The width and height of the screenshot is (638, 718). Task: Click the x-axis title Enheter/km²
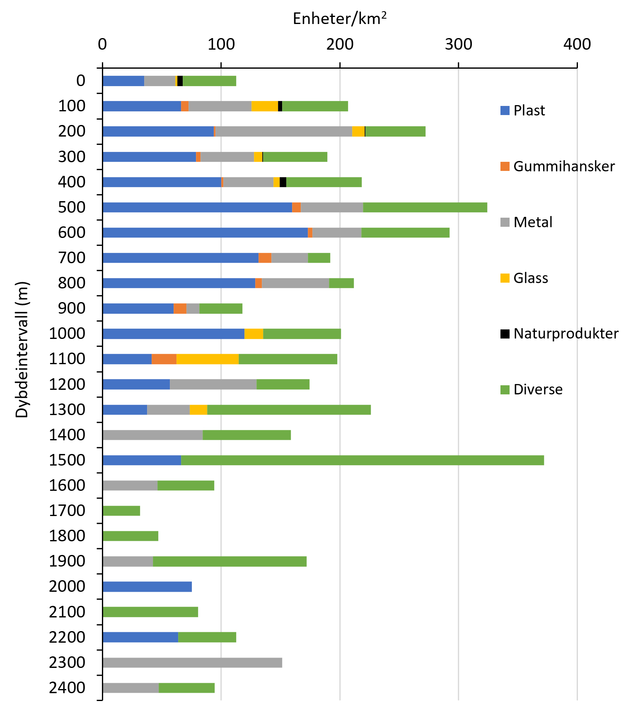(x=340, y=19)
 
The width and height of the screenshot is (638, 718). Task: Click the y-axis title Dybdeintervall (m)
(x=22, y=350)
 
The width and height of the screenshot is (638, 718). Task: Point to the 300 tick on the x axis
(x=459, y=44)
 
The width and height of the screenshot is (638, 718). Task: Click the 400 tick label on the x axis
(x=577, y=44)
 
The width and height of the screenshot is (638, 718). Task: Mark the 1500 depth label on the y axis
(x=67, y=460)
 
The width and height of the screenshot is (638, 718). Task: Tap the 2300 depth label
(x=67, y=663)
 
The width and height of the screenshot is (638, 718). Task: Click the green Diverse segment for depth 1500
(x=362, y=460)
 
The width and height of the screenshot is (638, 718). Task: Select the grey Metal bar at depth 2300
(x=192, y=663)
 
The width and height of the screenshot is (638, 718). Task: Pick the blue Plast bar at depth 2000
(x=147, y=587)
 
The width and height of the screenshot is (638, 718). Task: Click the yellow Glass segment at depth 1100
(x=208, y=359)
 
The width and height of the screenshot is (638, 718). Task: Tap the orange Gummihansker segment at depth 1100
(x=164, y=359)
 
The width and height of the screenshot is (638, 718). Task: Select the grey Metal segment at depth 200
(x=284, y=131)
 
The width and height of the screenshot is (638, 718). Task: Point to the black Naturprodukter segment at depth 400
(x=283, y=182)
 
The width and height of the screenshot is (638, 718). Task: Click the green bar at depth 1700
(x=121, y=511)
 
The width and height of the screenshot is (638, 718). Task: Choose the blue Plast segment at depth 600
(x=205, y=233)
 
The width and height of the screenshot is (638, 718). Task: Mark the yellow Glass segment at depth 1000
(x=254, y=334)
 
